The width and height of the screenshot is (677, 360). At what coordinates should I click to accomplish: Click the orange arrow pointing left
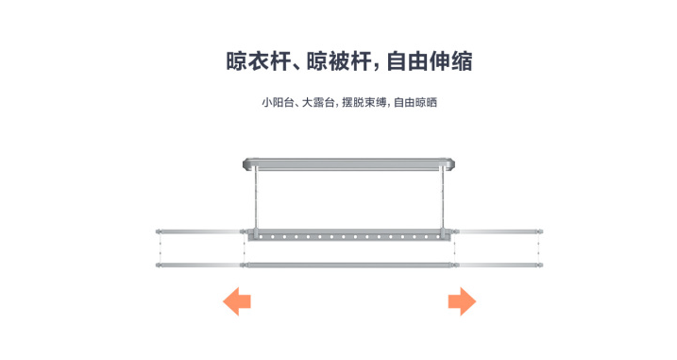click(x=236, y=302)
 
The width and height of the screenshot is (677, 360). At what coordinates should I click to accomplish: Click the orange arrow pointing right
click(x=461, y=302)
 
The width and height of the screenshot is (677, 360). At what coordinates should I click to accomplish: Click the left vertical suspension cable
click(x=254, y=198)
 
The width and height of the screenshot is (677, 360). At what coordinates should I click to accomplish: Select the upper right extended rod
click(x=500, y=230)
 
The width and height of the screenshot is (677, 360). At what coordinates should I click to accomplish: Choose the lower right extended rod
click(x=500, y=264)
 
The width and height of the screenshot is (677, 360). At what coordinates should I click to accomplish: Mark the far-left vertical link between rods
click(x=159, y=247)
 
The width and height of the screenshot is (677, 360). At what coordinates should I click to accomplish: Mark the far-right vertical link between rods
click(x=540, y=247)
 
